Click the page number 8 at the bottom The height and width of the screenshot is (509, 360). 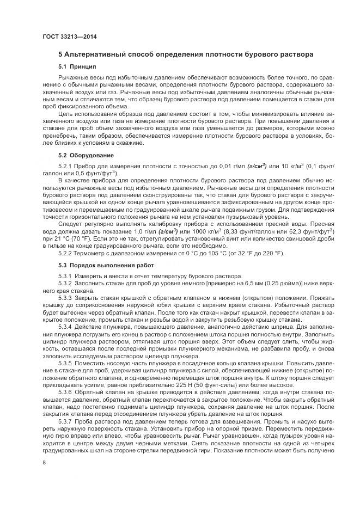(44, 463)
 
